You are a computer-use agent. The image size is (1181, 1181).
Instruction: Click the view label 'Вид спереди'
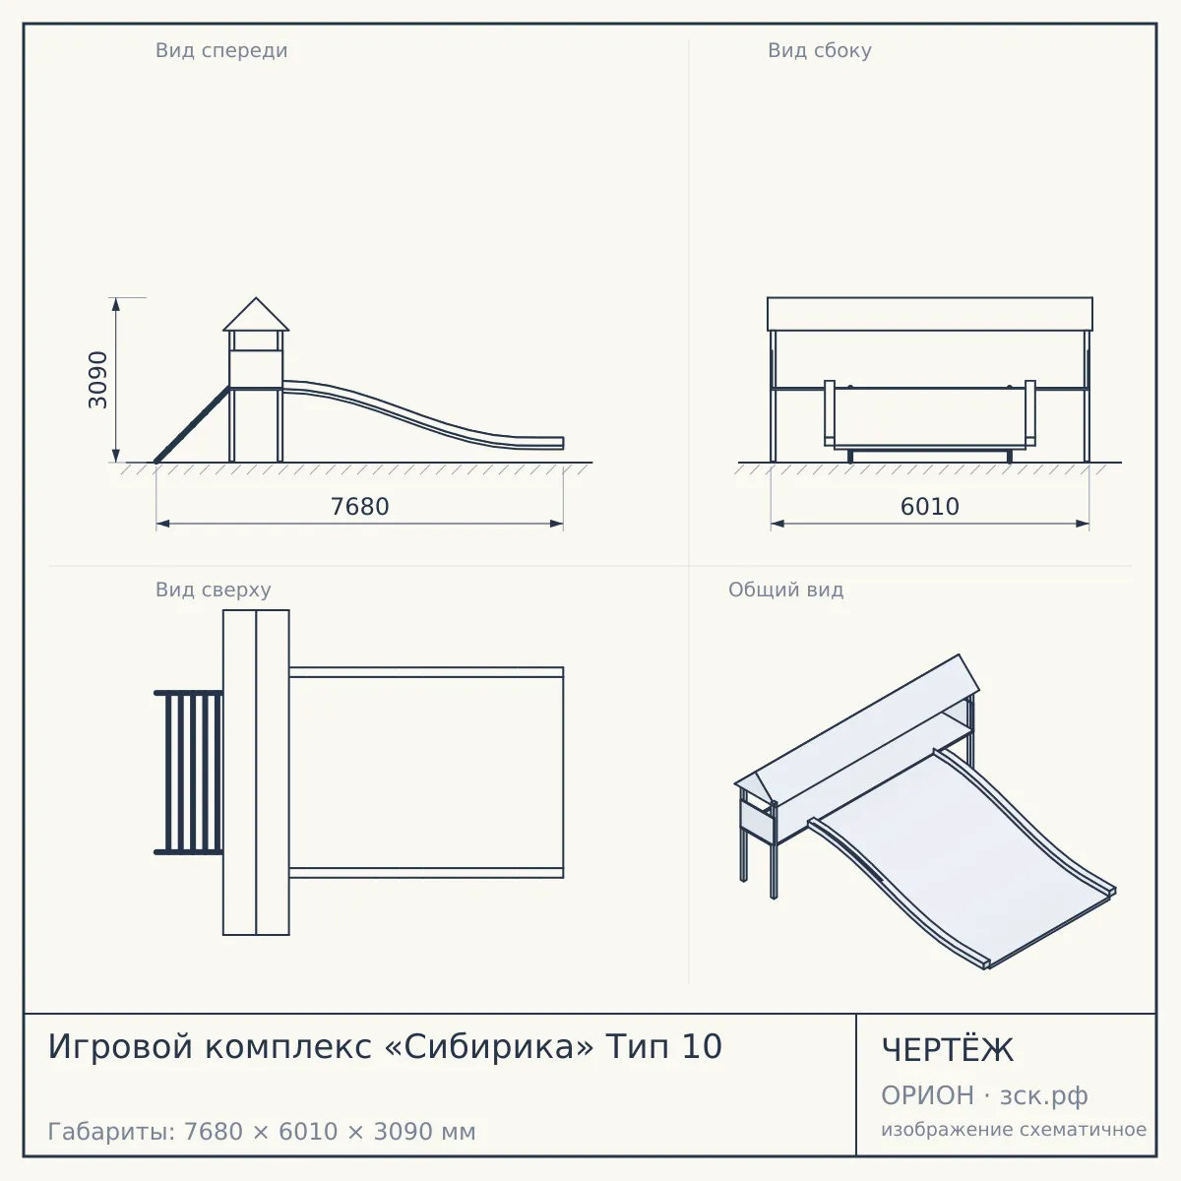221,50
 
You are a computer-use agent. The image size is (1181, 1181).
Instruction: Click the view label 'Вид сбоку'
820,50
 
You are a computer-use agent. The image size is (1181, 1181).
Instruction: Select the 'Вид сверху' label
213,590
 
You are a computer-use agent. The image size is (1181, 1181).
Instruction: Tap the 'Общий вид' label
785,590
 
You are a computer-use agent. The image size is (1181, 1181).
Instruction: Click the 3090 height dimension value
98,380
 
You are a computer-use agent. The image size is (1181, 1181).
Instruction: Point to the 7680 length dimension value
360,507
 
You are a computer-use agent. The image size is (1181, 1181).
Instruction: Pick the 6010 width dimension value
930,507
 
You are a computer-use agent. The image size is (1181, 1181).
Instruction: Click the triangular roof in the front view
256,316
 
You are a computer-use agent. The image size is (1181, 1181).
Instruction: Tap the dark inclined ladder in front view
192,425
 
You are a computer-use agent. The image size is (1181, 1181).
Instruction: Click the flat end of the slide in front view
539,443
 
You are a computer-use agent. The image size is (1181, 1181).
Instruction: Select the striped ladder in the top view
188,773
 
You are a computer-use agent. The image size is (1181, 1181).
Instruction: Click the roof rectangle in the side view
930,314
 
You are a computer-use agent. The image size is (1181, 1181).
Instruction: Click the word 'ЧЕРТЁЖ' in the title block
948,1050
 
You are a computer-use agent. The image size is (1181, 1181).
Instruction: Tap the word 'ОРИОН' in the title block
927,1095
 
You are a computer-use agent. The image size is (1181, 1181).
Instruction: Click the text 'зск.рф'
1044,1096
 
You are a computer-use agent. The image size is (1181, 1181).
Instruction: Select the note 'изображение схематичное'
1014,1130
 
